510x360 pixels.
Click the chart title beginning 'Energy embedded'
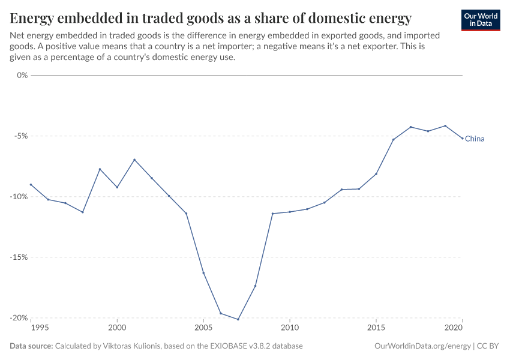coord(211,18)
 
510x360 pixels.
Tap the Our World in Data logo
coord(480,19)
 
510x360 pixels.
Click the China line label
coord(475,139)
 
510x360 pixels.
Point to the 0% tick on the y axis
coord(23,75)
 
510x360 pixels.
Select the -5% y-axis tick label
coord(22,136)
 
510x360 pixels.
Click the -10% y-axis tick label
coord(20,196)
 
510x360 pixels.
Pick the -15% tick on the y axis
coord(20,257)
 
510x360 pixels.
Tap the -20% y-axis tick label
coord(20,317)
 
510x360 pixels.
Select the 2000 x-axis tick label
coord(117,328)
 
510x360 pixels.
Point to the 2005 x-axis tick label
coord(203,328)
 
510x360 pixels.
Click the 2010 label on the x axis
coord(290,328)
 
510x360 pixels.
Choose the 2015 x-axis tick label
coord(376,328)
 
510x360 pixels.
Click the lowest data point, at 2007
coord(238,319)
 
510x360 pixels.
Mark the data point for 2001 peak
coord(134,160)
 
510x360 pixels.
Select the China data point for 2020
coord(462,139)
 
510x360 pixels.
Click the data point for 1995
coord(31,184)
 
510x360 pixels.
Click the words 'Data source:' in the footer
coord(31,346)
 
